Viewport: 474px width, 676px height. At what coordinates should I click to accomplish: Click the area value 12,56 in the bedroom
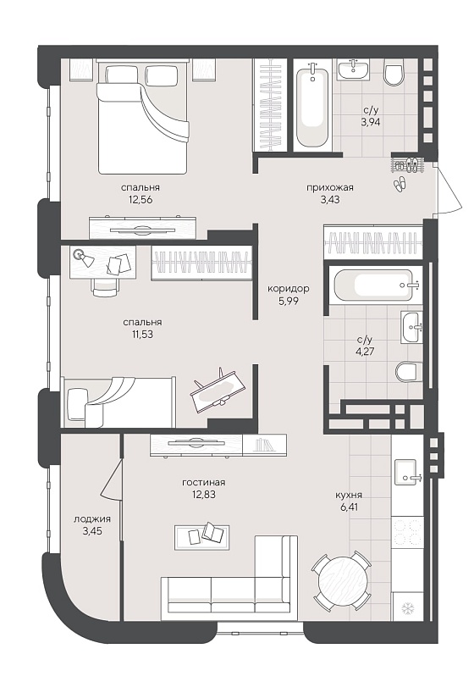point(141,200)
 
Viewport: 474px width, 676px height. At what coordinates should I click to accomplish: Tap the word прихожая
point(329,187)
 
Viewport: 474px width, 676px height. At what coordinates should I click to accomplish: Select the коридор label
point(289,288)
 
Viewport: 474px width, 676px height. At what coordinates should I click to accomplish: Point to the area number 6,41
point(349,507)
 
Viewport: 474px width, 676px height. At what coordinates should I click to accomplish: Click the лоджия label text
point(92,519)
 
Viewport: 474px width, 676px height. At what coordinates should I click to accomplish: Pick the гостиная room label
point(204,483)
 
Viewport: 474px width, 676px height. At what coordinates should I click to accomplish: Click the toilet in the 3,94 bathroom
point(394,74)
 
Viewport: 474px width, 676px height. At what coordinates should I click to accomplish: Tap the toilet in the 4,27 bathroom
point(407,372)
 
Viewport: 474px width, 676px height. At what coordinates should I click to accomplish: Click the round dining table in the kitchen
point(343,580)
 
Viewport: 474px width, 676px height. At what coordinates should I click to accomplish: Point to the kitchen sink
point(406,473)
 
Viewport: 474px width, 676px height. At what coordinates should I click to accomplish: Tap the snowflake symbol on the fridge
point(406,608)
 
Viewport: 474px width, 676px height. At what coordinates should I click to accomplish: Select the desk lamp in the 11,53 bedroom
point(84,257)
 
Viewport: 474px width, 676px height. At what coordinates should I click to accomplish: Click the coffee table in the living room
point(201,538)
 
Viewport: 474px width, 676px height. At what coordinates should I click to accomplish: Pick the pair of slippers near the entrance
point(400,183)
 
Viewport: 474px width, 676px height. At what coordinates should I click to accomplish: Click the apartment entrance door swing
point(450,189)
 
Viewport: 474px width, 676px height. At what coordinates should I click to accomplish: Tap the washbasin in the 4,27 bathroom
point(411,327)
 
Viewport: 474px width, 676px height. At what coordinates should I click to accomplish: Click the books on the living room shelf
point(263,445)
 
